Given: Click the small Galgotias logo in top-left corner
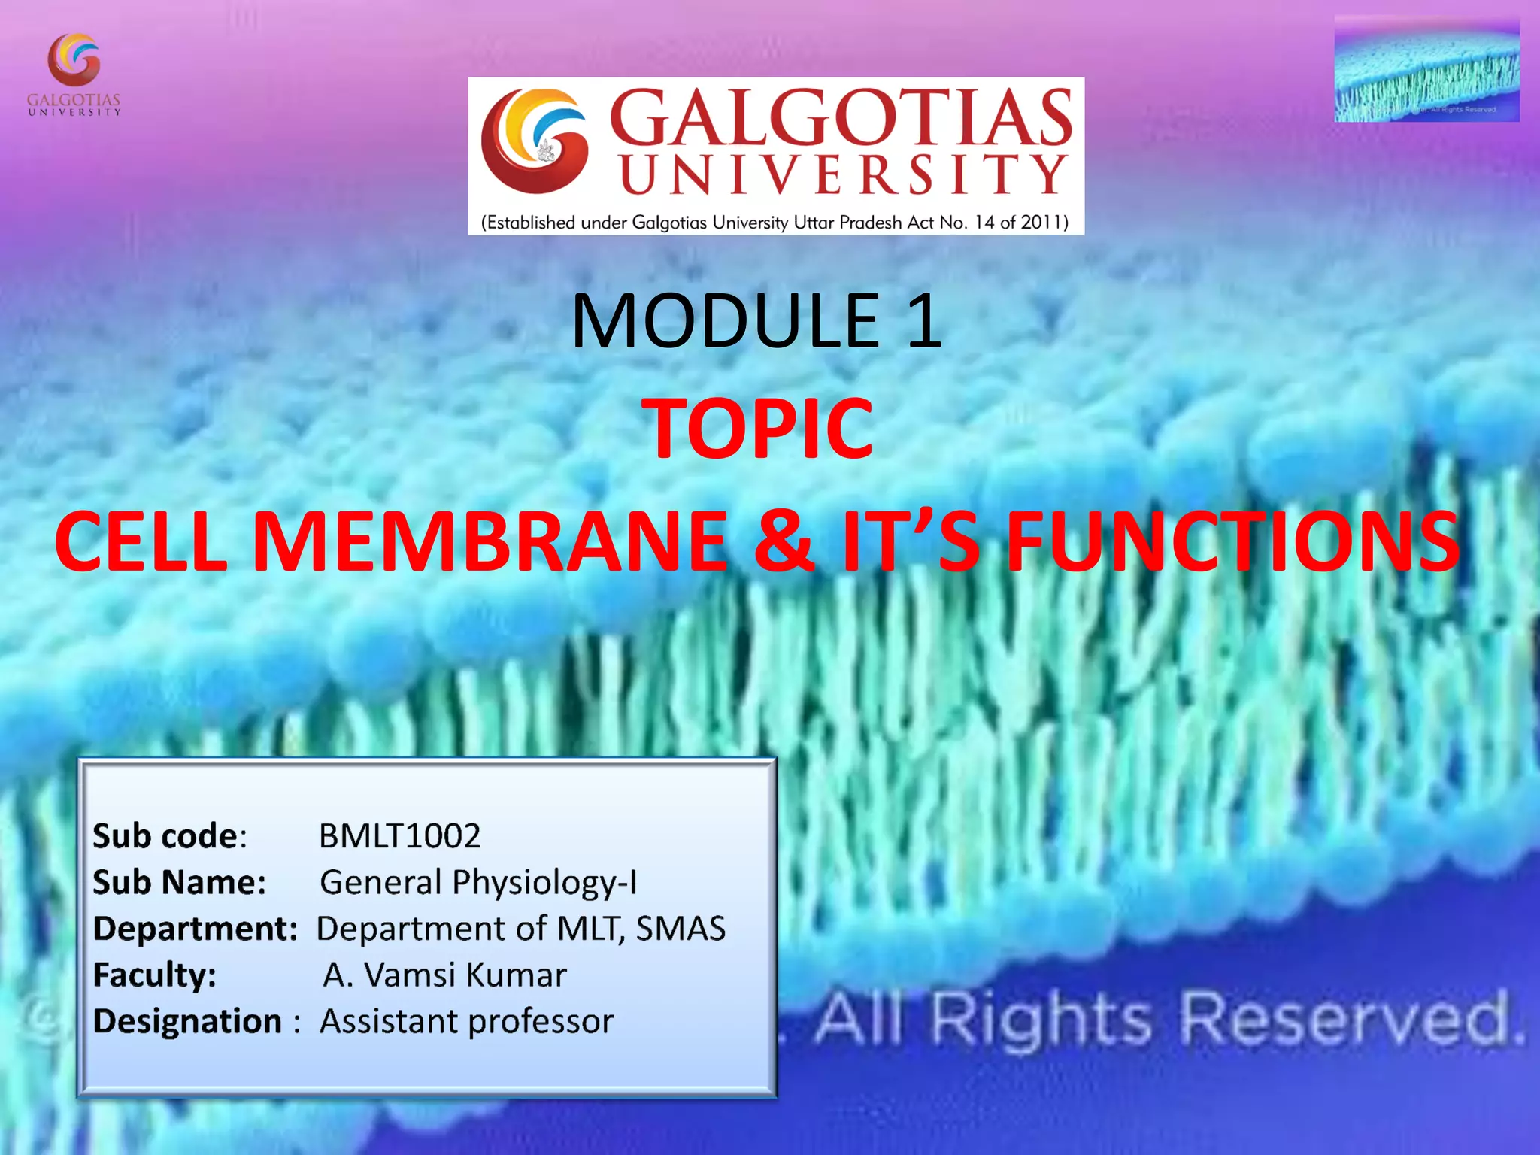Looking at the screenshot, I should pos(74,74).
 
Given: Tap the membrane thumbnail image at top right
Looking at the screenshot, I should pos(1426,70).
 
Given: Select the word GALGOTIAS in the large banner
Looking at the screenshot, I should pos(840,117).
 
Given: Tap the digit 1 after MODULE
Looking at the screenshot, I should pos(924,321).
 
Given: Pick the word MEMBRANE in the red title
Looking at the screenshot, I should pos(490,540).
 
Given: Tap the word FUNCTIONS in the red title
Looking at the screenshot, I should pos(1232,540).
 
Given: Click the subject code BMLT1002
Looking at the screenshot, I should pos(399,835).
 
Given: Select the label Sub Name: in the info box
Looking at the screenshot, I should pos(179,882).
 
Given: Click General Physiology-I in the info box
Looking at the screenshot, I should pos(478,882).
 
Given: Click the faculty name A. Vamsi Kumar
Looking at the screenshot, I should pos(444,975).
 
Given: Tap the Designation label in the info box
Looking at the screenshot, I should pos(187,1021).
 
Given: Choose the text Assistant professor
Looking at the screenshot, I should pos(466,1021).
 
